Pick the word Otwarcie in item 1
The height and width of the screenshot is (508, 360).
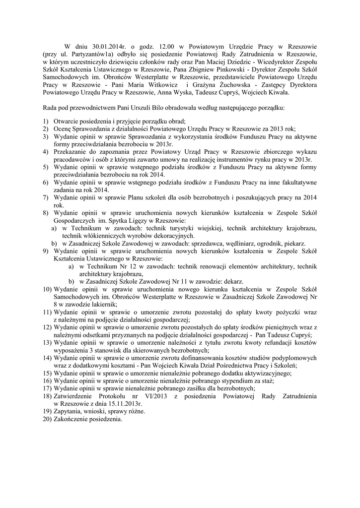pos(69,122)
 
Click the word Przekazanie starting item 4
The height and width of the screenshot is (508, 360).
pos(74,151)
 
